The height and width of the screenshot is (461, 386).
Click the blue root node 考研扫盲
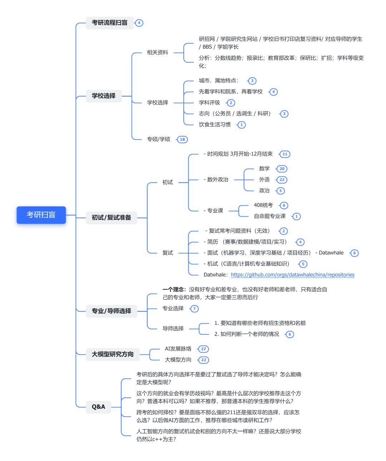[x=41, y=215]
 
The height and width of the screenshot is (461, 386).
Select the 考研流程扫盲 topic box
[x=109, y=23]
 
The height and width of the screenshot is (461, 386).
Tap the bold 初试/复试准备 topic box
[x=111, y=217]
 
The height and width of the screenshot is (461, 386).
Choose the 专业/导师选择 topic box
[x=111, y=311]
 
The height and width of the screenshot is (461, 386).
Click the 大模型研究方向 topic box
[x=112, y=354]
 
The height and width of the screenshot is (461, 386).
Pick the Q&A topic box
[x=98, y=407]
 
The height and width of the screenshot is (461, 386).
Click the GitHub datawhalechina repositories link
[x=292, y=275]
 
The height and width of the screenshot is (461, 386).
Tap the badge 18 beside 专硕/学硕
[x=182, y=139]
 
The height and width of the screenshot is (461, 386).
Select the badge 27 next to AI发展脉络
[x=203, y=349]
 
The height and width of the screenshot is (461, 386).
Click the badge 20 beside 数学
[x=282, y=169]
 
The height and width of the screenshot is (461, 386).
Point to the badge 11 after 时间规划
[x=284, y=154]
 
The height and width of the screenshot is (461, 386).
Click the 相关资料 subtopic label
[x=157, y=53]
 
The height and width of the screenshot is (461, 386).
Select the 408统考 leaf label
[x=263, y=205]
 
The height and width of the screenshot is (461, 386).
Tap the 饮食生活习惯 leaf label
[x=214, y=125]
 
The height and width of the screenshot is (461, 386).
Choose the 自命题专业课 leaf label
[x=269, y=216]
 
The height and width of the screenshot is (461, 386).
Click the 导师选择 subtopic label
[x=173, y=329]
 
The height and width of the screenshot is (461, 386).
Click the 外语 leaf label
[x=264, y=180]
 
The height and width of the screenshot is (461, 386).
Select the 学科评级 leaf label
[x=209, y=103]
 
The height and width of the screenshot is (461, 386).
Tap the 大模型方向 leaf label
[x=178, y=360]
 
